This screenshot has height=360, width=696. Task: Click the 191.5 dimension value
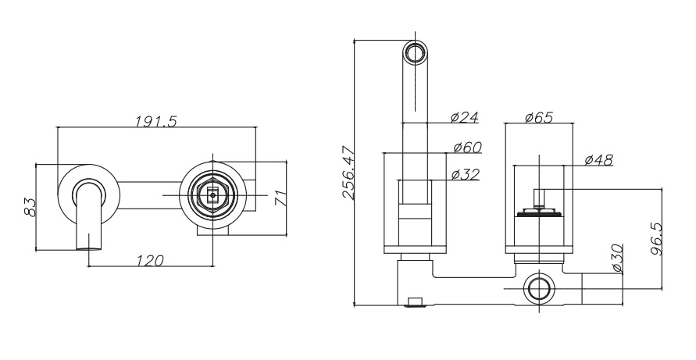click(x=155, y=121)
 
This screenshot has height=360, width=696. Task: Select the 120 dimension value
click(x=149, y=261)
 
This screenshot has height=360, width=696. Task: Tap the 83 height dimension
click(x=30, y=207)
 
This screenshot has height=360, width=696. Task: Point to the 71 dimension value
click(x=280, y=198)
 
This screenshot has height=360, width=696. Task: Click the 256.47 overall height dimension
click(x=348, y=173)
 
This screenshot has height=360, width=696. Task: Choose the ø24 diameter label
click(x=464, y=117)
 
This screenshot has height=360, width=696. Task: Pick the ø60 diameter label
click(x=467, y=147)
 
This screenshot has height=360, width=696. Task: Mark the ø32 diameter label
click(x=466, y=174)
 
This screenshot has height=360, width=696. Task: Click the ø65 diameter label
click(x=539, y=118)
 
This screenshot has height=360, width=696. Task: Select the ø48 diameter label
click(x=599, y=160)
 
